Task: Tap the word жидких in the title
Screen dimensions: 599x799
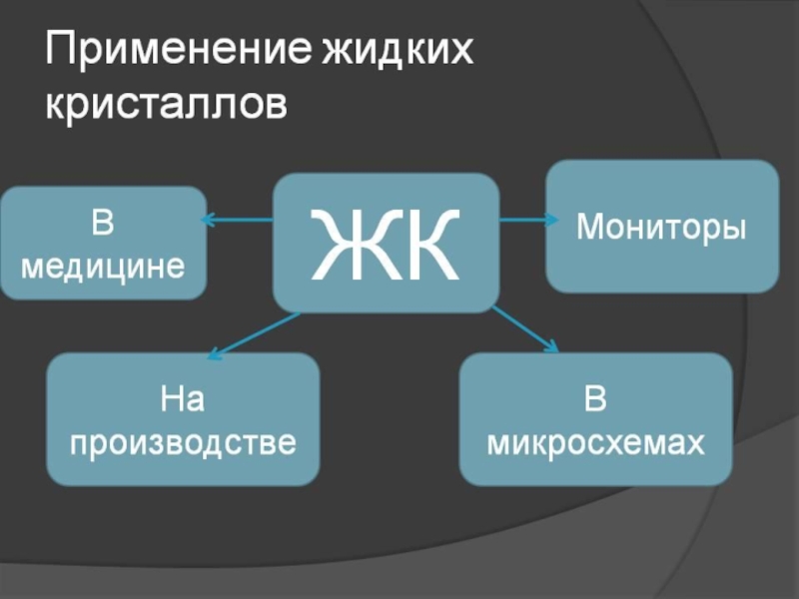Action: pos(396,50)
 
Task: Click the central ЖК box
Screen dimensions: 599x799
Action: pos(386,243)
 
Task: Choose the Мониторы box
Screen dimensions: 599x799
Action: pos(661,227)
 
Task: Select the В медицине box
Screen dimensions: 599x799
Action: pos(103,243)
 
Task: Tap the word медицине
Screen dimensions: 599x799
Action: pos(103,266)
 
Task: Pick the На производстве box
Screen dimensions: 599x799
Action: pos(183,419)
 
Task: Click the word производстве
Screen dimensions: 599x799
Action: pos(183,441)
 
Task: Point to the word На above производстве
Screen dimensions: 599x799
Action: pos(183,401)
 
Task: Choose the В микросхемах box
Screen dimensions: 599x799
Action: pos(594,419)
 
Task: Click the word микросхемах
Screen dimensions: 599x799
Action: pos(594,441)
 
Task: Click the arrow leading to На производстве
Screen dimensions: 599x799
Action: pos(255,333)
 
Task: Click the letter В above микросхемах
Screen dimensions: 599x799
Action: pos(595,401)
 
